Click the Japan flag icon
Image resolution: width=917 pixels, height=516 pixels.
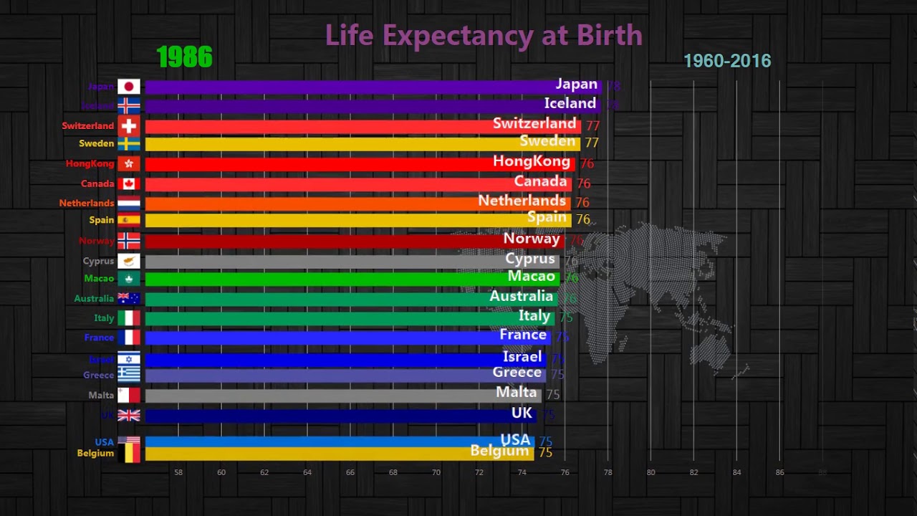[x=129, y=87]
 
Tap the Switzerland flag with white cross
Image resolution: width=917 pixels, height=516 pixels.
[x=129, y=126]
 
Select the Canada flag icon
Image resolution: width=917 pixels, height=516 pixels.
[x=129, y=184]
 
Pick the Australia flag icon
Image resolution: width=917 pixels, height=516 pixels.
[x=129, y=298]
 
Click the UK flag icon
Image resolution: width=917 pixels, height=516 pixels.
[x=129, y=415]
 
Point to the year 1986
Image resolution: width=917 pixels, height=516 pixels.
[x=184, y=57]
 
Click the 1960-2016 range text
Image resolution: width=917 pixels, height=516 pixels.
[x=727, y=61]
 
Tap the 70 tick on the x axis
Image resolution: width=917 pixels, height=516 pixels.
[x=436, y=472]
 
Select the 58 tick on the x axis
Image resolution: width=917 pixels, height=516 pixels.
[x=178, y=472]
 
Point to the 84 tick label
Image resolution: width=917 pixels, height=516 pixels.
[x=736, y=472]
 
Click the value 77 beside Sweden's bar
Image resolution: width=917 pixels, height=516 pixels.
[x=591, y=143]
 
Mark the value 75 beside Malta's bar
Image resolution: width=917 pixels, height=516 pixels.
[x=552, y=394]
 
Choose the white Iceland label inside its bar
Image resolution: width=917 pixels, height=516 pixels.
[x=570, y=103]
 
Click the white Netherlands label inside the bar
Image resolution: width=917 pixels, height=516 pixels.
[x=522, y=201]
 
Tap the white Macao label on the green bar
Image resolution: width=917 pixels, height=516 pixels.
[x=531, y=276]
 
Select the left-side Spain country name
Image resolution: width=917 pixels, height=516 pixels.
[x=102, y=220]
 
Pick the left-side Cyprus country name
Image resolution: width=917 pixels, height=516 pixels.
[x=98, y=261]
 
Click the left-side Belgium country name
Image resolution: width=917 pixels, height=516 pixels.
[x=95, y=453]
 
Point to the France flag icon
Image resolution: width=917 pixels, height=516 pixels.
[x=129, y=338]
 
